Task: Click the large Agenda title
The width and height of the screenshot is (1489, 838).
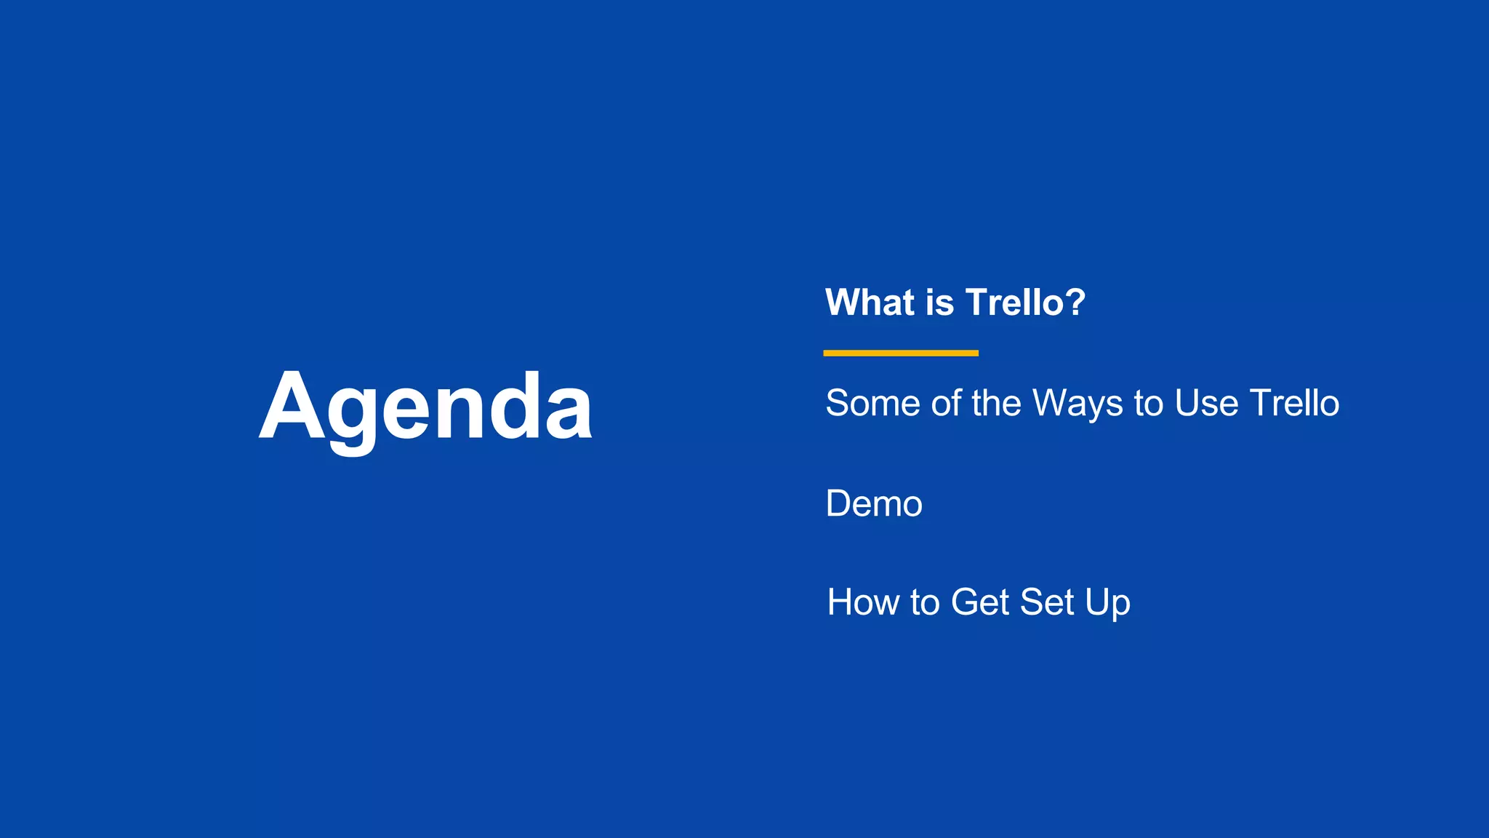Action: [x=426, y=407]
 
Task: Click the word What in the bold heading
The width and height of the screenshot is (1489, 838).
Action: [x=870, y=303]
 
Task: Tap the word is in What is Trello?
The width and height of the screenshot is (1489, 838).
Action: [x=939, y=303]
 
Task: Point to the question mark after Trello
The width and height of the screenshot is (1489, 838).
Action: [x=1072, y=303]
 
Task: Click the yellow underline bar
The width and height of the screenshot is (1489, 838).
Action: [x=900, y=353]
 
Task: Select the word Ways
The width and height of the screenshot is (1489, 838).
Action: [x=1077, y=404]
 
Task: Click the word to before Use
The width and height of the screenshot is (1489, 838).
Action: [x=1148, y=403]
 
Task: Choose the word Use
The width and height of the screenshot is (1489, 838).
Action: [x=1206, y=403]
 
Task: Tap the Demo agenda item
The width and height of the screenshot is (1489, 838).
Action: [x=874, y=503]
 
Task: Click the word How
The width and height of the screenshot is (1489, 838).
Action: [x=863, y=602]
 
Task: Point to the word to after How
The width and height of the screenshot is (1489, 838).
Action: [x=924, y=602]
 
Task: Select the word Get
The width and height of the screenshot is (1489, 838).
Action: [x=980, y=602]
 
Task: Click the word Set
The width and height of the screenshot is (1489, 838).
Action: [x=1047, y=602]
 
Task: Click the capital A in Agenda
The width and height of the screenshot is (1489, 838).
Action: [x=290, y=407]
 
